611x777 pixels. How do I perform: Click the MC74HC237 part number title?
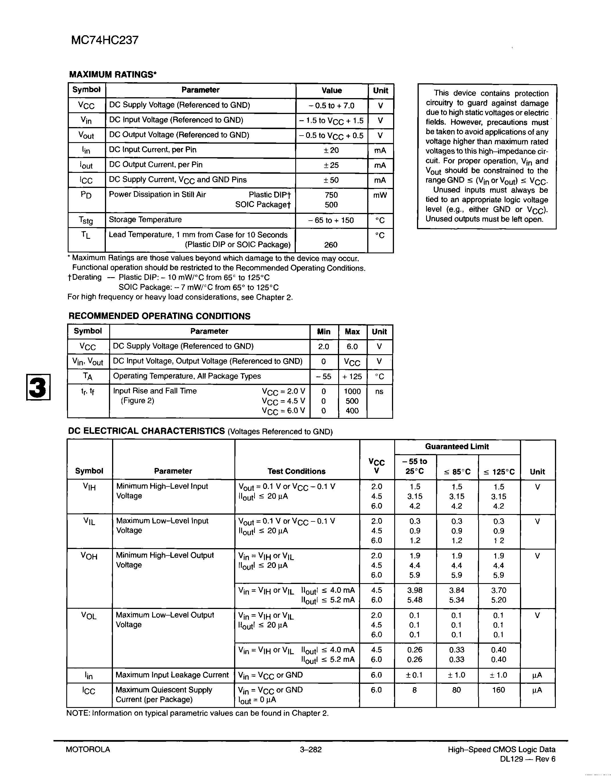click(x=104, y=40)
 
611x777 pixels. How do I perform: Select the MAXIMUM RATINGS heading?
click(x=113, y=74)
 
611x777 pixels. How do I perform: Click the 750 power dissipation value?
click(x=331, y=195)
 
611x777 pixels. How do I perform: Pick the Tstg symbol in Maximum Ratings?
click(x=86, y=220)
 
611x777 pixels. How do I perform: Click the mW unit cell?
click(x=380, y=195)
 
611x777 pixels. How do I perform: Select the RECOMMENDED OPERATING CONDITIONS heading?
click(x=159, y=316)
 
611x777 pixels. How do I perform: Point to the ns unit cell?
click(x=379, y=391)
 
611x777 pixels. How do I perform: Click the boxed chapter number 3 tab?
click(x=38, y=387)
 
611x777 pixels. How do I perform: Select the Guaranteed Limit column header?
click(x=457, y=447)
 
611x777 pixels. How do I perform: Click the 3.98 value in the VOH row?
click(x=415, y=590)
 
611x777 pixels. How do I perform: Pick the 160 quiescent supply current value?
click(x=498, y=690)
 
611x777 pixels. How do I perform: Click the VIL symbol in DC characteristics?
click(x=89, y=521)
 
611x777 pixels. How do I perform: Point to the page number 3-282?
click(x=311, y=749)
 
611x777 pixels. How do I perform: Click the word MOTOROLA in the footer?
click(x=88, y=749)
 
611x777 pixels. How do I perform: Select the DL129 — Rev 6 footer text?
click(x=528, y=759)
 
